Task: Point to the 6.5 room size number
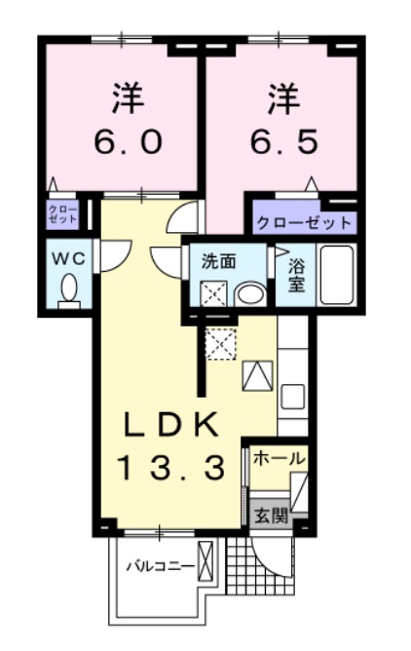[x=282, y=143]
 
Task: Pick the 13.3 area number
[x=176, y=469]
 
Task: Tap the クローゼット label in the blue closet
[x=303, y=222]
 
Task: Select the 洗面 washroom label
[x=218, y=261]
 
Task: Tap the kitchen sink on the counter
[x=293, y=397]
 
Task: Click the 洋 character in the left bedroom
[x=126, y=97]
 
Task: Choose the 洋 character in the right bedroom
[x=281, y=97]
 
